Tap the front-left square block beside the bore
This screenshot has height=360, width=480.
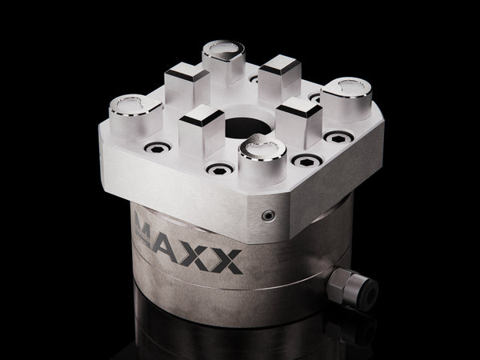pos(200,131)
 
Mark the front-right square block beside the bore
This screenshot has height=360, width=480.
pos(298,116)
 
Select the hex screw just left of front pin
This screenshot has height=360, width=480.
pos(217,170)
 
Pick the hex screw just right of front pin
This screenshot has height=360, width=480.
pos(306,161)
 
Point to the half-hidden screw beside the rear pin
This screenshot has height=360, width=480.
pos(254,79)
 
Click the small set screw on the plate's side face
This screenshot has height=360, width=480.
pos(270,216)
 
